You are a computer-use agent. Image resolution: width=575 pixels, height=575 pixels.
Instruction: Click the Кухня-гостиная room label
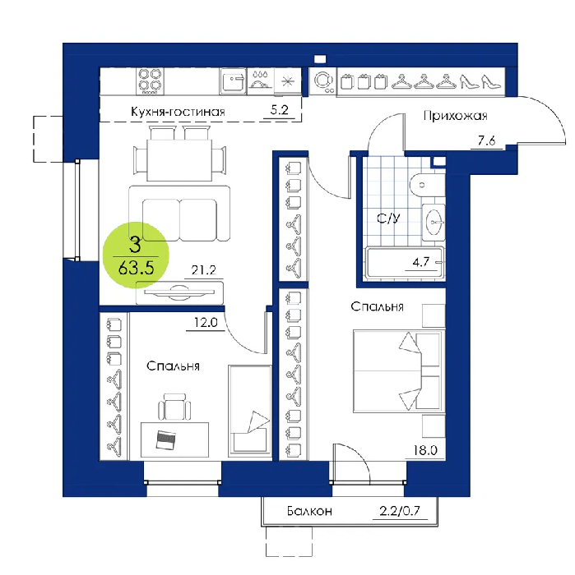coord(178,112)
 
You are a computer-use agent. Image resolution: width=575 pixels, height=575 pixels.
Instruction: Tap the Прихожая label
coord(455,116)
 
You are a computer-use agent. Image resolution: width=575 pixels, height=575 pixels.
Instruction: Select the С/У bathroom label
coord(388,218)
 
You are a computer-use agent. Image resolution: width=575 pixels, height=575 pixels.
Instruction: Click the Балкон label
coord(309,511)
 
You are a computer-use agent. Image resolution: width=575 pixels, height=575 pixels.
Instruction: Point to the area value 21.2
coord(203,270)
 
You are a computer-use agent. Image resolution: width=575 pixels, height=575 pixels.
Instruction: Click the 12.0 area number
coord(206,322)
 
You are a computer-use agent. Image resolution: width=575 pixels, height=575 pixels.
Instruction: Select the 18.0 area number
coord(425,450)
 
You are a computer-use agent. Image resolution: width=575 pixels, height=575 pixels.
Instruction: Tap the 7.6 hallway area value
coord(486,140)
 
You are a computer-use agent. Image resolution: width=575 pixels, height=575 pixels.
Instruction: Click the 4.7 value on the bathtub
coord(421,262)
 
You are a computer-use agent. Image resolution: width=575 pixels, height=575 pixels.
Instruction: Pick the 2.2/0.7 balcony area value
coord(400,510)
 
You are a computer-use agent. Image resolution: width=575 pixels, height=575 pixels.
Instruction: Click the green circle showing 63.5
coord(136,255)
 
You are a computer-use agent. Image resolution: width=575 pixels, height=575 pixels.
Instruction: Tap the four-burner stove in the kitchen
coord(150,81)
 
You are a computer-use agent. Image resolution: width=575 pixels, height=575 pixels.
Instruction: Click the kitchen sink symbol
coord(233,81)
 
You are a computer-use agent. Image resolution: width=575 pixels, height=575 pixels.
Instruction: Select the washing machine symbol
coord(323,80)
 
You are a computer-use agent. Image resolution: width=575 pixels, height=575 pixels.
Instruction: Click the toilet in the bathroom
coord(427,185)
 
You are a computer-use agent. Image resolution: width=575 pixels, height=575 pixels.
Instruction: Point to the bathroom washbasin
coord(434,223)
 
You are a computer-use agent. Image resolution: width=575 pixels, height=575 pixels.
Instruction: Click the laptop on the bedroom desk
coord(165,439)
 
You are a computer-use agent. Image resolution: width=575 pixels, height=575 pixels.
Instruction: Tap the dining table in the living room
coord(179,160)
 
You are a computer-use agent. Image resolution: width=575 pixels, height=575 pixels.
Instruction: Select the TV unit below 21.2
coord(179,292)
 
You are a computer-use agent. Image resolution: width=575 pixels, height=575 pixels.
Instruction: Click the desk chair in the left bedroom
coord(174,407)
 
